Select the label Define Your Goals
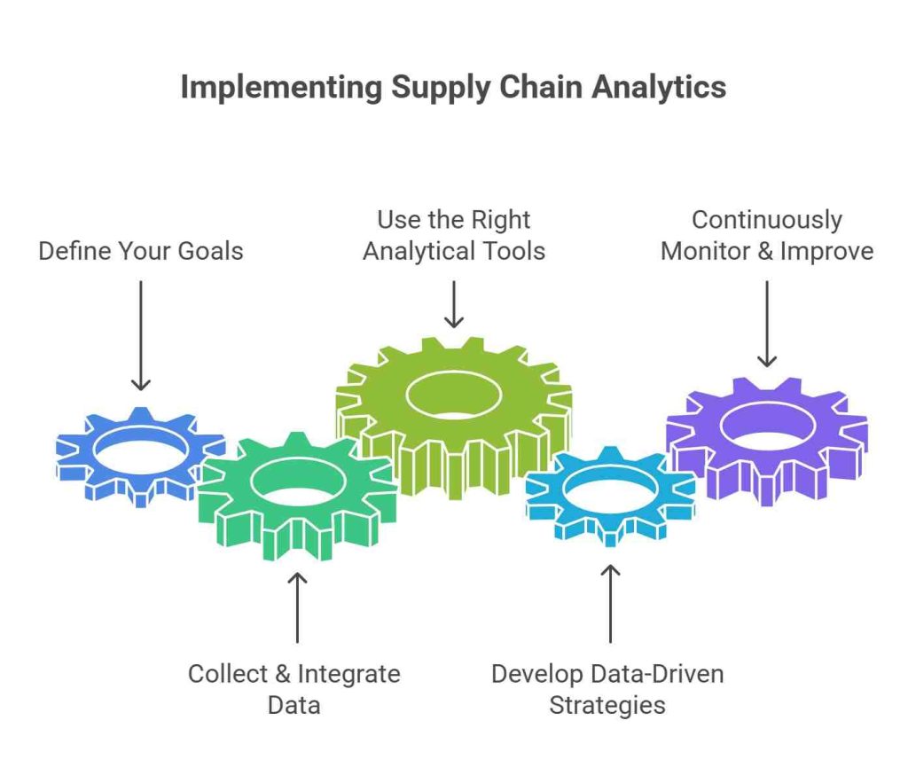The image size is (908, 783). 140,251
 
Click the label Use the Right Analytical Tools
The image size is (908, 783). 454,236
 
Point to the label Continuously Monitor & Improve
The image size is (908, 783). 767,236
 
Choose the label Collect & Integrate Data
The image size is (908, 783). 294,689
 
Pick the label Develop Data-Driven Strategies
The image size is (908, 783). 608,689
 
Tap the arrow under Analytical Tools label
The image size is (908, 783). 454,305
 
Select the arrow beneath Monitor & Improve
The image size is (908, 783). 767,324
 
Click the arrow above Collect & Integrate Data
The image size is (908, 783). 297,607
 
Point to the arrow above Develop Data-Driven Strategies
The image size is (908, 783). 610,603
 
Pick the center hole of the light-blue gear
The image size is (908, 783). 610,489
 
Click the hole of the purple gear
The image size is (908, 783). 767,426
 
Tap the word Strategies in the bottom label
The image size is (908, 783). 607,706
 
